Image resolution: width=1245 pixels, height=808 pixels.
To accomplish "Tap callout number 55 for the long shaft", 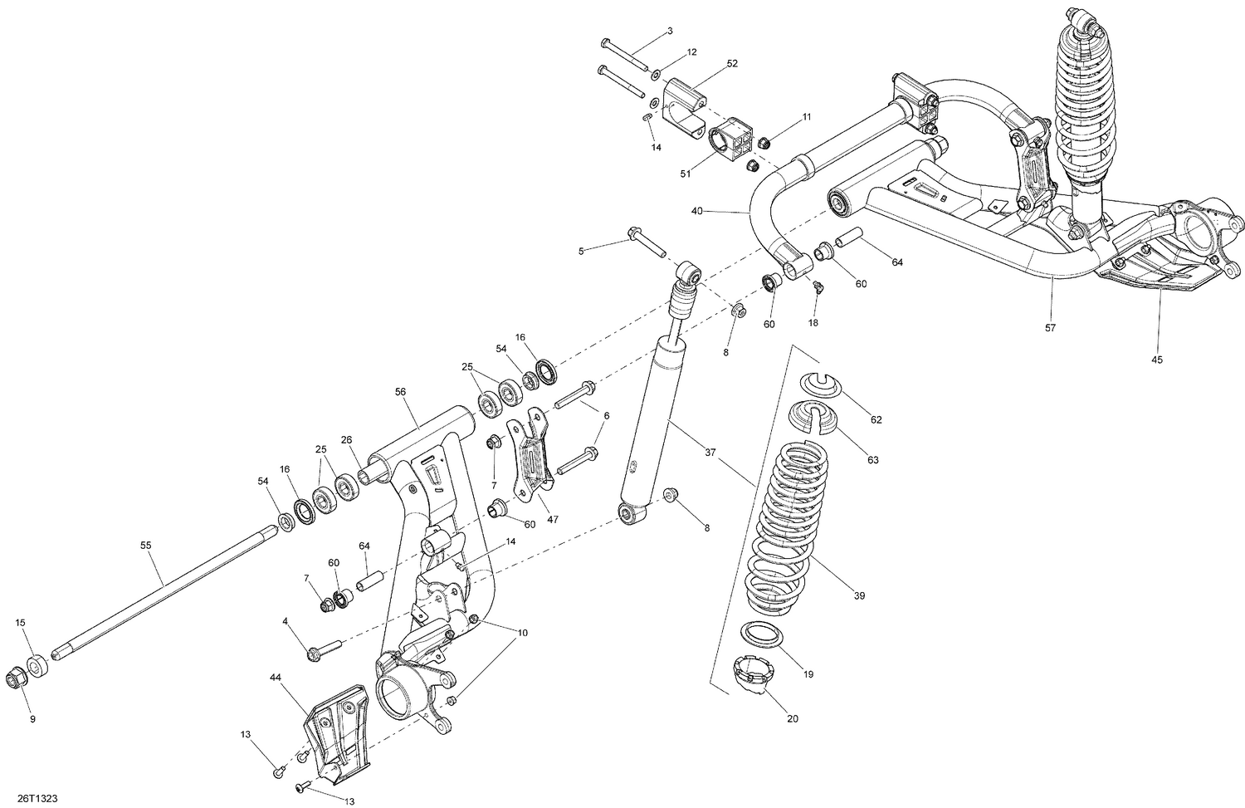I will [x=146, y=546].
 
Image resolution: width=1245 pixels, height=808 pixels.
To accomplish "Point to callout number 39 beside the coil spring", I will [x=860, y=595].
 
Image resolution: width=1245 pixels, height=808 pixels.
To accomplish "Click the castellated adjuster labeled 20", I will [x=750, y=673].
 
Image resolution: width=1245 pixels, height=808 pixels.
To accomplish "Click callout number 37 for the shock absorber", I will [x=710, y=453].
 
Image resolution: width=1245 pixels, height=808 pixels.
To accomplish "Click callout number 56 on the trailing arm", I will [x=401, y=393].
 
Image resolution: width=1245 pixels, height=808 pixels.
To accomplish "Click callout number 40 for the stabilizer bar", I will [x=697, y=211].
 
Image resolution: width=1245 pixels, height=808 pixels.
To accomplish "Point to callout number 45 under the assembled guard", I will [x=1157, y=360].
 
